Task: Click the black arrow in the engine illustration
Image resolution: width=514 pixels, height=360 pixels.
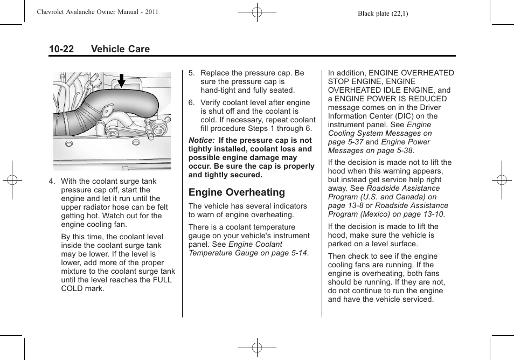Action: (121, 81)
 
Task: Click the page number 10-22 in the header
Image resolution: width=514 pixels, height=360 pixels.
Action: (61, 49)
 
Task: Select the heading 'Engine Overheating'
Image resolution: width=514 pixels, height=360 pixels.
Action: (237, 192)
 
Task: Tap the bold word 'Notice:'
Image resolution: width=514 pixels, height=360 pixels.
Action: (202, 140)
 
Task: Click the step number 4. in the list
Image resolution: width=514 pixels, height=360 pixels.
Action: (52, 182)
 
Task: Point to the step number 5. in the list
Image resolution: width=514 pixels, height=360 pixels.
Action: (191, 73)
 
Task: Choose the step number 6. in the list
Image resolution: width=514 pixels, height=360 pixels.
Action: (191, 103)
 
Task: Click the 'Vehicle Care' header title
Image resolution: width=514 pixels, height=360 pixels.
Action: (120, 49)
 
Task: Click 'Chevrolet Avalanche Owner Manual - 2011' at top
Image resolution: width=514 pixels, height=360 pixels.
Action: (97, 12)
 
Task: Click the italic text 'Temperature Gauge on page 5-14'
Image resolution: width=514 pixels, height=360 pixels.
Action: (248, 253)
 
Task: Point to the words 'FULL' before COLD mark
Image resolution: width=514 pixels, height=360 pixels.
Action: (162, 280)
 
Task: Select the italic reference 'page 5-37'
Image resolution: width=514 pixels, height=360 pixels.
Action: (346, 142)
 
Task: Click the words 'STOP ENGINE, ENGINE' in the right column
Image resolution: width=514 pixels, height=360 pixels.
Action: (372, 82)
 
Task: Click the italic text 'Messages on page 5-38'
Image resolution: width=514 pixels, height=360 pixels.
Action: (370, 150)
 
